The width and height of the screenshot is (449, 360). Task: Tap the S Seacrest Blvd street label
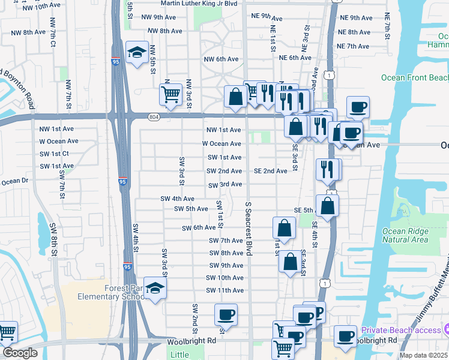tap(247, 228)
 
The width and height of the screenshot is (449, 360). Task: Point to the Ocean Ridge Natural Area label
tap(405, 235)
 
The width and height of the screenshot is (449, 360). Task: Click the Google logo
tap(20, 353)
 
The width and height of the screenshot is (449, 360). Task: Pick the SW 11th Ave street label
tap(224, 290)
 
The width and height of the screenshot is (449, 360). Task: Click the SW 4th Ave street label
tap(177, 199)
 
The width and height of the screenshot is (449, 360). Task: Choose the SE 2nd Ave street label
tap(270, 171)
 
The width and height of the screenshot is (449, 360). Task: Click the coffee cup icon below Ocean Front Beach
tap(358, 107)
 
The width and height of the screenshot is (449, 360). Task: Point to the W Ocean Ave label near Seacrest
tap(221, 143)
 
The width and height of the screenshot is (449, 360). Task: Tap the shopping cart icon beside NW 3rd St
tap(170, 94)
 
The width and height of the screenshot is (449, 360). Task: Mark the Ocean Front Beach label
tap(415, 77)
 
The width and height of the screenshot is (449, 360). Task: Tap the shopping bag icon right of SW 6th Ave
tap(284, 228)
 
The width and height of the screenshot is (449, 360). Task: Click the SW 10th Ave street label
tap(224, 278)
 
